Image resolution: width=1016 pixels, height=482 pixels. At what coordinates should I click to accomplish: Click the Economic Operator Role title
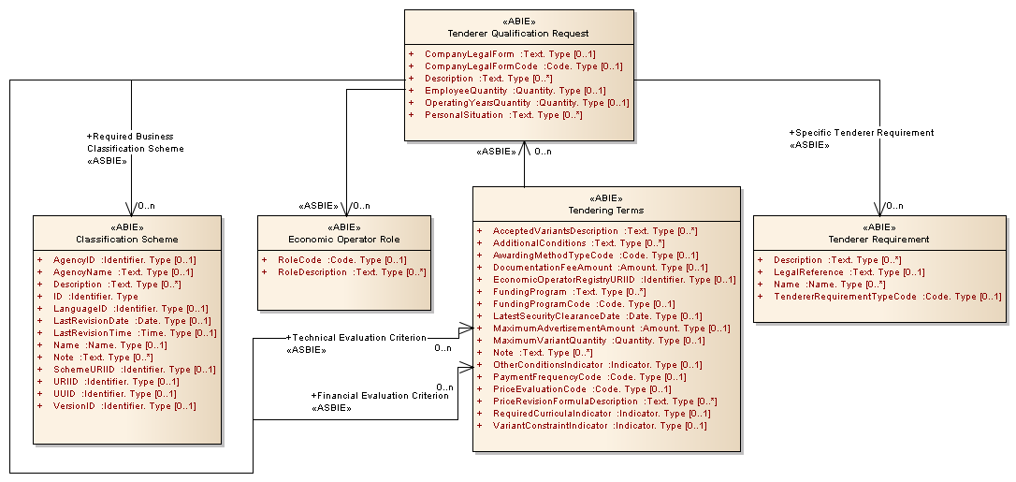(x=344, y=240)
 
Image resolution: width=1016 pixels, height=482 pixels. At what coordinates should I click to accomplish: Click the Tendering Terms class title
(x=606, y=211)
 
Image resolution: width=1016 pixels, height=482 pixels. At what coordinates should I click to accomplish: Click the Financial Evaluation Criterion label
(x=380, y=396)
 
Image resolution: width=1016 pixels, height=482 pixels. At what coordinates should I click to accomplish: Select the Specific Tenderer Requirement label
(x=862, y=133)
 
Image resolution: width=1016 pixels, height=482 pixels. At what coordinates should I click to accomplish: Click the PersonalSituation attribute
(x=502, y=115)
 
